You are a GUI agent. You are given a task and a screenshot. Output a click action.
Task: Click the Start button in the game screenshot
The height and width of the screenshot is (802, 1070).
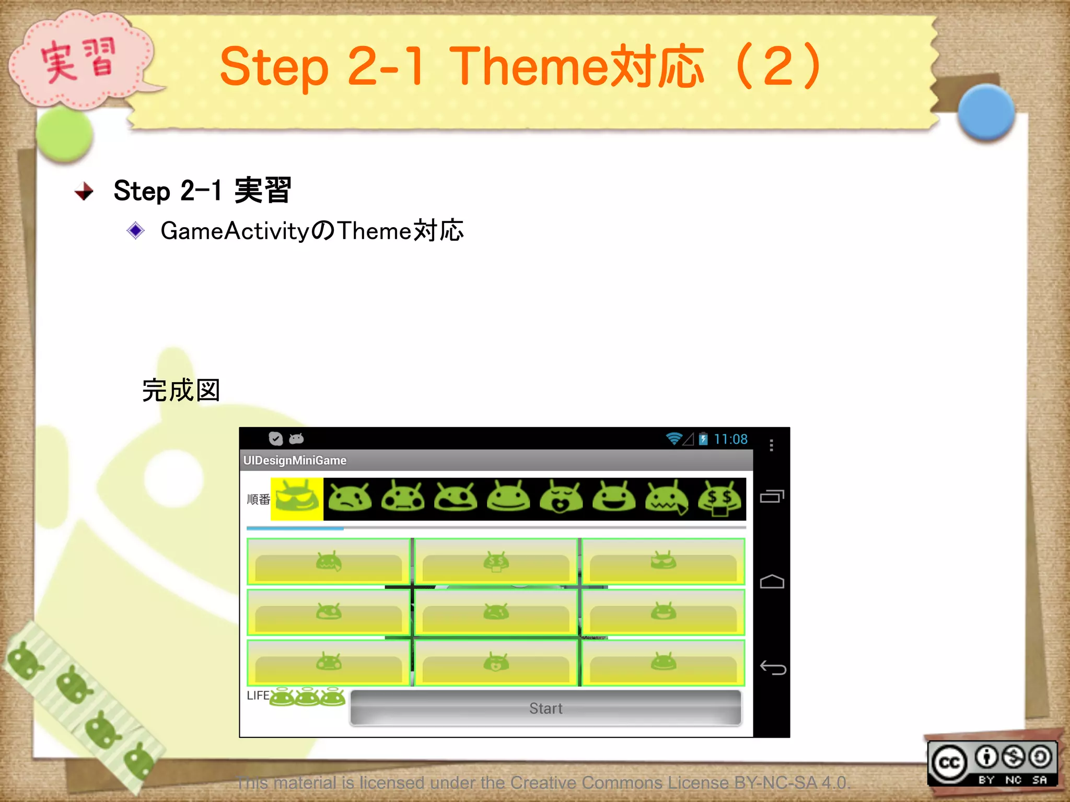pos(545,708)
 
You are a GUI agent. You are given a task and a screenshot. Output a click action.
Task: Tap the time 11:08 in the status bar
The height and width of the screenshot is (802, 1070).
pos(730,439)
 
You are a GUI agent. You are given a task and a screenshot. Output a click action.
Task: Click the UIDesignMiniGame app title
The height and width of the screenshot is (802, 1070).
pos(295,460)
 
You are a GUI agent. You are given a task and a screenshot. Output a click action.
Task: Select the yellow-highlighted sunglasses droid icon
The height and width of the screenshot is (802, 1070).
pos(297,499)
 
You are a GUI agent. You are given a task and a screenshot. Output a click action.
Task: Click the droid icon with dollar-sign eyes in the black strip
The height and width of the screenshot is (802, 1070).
pos(719,499)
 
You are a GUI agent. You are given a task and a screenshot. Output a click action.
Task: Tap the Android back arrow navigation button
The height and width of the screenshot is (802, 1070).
pos(772,668)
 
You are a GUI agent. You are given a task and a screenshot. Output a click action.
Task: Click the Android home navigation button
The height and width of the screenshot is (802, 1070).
pos(772,582)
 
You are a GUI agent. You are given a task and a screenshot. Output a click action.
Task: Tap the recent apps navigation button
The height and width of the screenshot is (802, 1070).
pos(772,496)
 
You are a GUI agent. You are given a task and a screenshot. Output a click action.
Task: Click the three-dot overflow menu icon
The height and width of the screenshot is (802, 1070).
pos(771,445)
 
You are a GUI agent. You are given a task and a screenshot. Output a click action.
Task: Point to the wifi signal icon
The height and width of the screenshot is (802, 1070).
pos(674,439)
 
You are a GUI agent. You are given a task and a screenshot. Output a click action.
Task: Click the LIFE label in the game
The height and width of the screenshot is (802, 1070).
pos(258,695)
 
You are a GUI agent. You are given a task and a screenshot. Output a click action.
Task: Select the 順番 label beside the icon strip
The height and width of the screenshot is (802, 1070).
pos(258,500)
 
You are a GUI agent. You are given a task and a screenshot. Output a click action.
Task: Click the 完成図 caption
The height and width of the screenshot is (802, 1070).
pos(181,391)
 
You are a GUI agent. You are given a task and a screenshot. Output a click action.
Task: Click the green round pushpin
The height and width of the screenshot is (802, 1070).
pos(65,135)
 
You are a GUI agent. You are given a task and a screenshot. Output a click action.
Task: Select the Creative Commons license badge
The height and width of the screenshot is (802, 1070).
pos(992,763)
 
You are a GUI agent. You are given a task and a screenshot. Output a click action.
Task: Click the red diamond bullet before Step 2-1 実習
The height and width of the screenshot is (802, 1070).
pos(84,191)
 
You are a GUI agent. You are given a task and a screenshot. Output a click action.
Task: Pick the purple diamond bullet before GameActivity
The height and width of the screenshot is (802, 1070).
pos(136,230)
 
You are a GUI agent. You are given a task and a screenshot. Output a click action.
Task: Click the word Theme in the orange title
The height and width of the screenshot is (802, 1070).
pos(529,66)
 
